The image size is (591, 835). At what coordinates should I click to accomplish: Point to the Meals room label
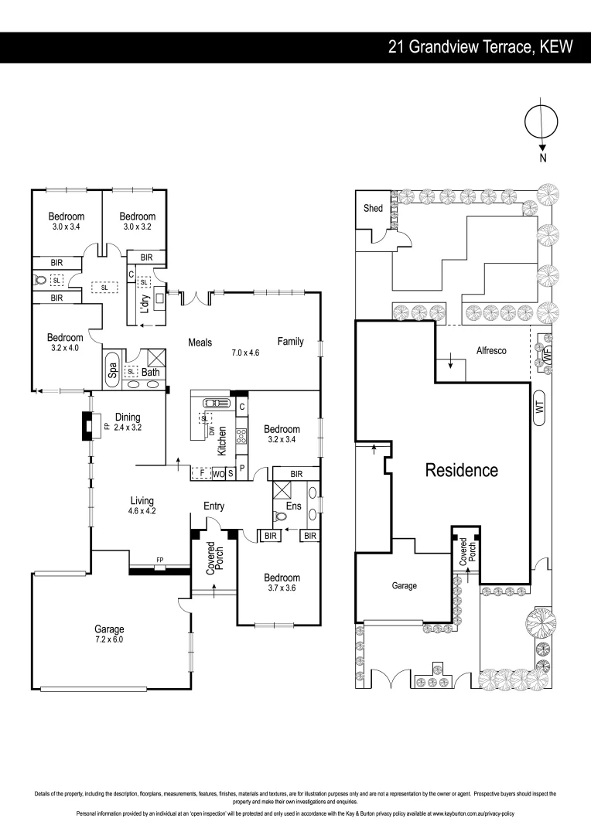click(203, 342)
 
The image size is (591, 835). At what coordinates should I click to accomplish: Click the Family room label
click(291, 342)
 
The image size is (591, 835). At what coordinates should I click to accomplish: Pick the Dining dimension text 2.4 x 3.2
click(128, 427)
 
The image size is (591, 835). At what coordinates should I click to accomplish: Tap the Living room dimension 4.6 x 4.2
click(142, 510)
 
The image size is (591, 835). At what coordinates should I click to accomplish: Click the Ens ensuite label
click(292, 506)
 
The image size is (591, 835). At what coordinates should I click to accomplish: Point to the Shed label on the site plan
click(373, 209)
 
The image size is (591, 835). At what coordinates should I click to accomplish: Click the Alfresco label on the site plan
click(490, 350)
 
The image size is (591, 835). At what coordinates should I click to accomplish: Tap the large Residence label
click(462, 470)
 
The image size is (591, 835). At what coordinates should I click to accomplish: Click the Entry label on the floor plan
click(214, 506)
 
